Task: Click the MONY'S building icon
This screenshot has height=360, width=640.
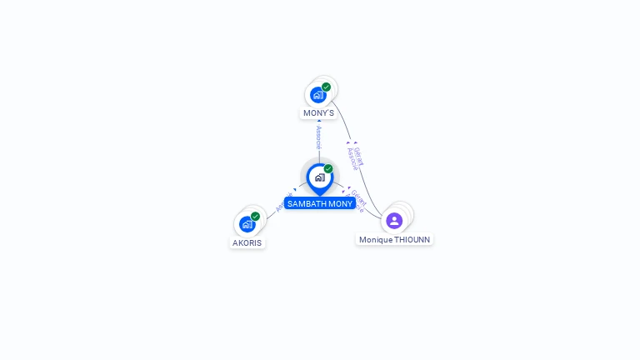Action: click(317, 95)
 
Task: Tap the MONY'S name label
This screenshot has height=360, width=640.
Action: click(318, 112)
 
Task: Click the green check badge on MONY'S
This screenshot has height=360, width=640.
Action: click(326, 87)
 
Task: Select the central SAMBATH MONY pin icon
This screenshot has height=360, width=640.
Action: click(319, 177)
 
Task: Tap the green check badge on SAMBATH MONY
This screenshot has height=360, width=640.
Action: click(328, 169)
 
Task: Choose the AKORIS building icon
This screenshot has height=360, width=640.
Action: click(247, 224)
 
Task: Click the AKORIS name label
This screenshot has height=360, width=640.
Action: click(247, 242)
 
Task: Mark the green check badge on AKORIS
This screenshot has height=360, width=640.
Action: click(255, 217)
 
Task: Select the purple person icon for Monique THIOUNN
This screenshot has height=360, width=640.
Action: click(394, 221)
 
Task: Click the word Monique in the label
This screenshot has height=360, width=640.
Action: click(376, 240)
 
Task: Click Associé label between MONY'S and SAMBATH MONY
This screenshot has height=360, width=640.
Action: click(318, 138)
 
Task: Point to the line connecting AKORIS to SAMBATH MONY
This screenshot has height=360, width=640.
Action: click(272, 213)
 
